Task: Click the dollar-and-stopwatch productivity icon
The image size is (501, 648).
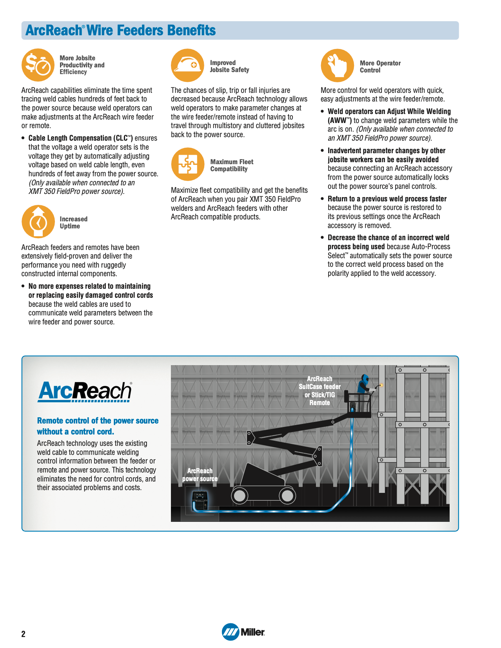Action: [x=38, y=65]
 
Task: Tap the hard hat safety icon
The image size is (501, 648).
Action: [x=187, y=65]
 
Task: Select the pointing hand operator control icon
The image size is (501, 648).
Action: [x=337, y=65]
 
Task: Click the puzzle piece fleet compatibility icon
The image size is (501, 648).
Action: [x=188, y=164]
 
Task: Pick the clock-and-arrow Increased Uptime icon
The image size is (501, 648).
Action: [x=38, y=222]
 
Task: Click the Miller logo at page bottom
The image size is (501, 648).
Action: [x=243, y=632]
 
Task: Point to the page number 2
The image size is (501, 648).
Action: [x=24, y=634]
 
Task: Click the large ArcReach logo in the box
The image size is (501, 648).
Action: [x=85, y=391]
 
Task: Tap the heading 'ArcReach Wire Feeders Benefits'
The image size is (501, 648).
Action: [x=120, y=31]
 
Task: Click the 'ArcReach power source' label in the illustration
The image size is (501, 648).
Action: [x=200, y=475]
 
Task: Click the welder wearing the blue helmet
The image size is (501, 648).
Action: [x=365, y=384]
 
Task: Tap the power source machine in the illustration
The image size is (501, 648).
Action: [x=200, y=500]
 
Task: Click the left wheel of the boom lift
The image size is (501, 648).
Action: [x=239, y=496]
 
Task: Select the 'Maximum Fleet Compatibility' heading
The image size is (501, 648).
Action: [x=232, y=165]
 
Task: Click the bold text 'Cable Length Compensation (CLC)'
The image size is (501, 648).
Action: [x=80, y=138]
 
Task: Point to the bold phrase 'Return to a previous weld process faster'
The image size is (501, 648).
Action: [x=387, y=199]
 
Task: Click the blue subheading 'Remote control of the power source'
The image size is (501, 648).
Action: [x=98, y=421]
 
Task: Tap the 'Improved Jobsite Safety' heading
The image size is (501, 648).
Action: [x=229, y=66]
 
